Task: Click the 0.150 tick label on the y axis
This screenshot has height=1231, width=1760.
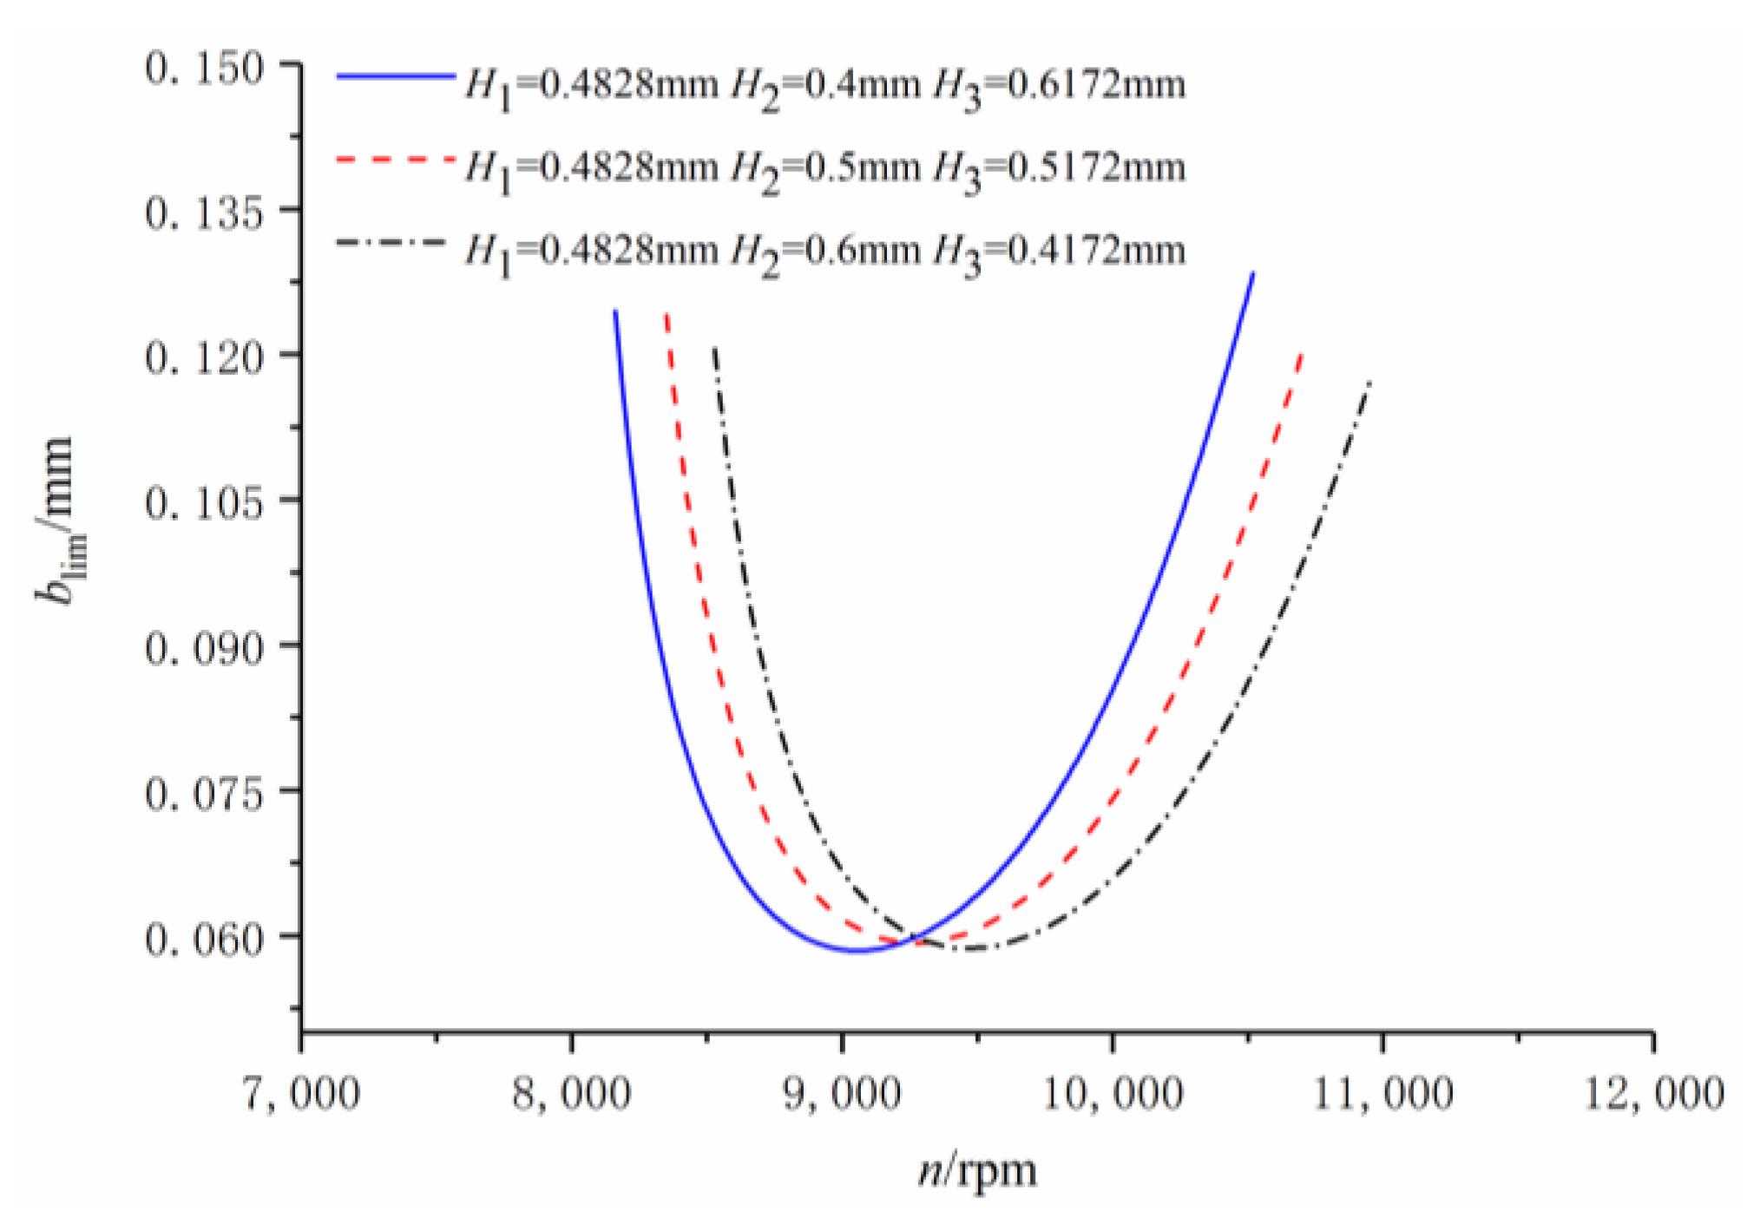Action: tap(204, 69)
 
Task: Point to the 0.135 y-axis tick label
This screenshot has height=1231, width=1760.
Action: tap(204, 213)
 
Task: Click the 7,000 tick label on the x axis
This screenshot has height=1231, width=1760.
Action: tap(300, 1093)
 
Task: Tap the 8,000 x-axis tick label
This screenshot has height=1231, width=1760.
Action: tap(571, 1093)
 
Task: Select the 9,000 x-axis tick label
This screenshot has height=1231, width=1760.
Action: tap(842, 1093)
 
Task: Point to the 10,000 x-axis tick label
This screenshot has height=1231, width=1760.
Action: tap(1112, 1093)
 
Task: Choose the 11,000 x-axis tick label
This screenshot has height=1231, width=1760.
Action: tap(1382, 1093)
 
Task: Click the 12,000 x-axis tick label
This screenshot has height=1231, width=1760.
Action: tap(1653, 1093)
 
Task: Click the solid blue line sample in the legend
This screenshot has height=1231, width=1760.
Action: tap(395, 76)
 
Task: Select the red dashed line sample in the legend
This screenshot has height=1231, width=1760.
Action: tap(395, 160)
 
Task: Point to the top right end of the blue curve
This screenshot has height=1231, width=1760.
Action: tap(1252, 274)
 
